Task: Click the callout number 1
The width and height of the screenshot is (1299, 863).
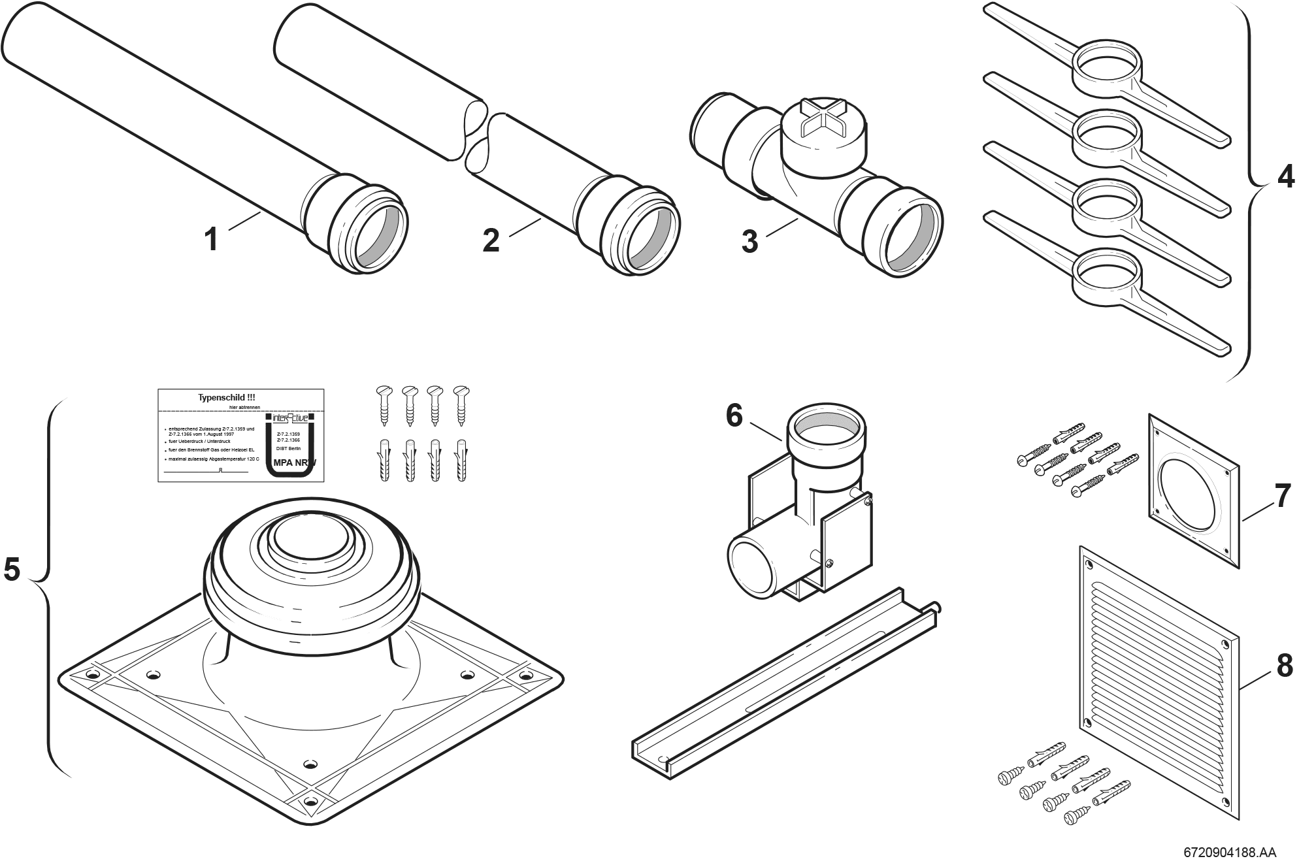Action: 210,239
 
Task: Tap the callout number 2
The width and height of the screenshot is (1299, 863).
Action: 491,240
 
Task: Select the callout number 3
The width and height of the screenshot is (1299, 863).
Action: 749,241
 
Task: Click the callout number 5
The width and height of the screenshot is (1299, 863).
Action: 12,569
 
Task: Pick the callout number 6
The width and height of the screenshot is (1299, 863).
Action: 734,416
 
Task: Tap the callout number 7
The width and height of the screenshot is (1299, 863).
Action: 1282,496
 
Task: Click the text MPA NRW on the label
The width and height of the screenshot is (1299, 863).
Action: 295,463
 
